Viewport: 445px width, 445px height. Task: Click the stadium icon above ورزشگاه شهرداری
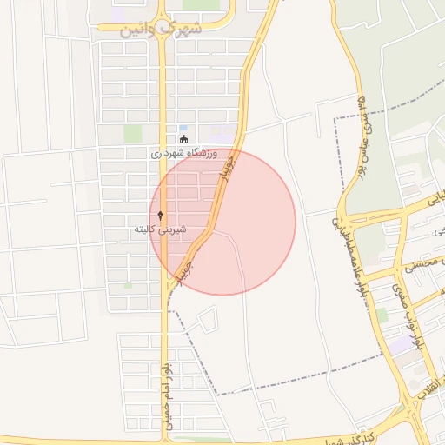(x=183, y=139)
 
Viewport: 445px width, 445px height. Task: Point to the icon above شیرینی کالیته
(x=161, y=214)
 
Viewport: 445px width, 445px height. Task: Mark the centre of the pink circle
(x=222, y=222)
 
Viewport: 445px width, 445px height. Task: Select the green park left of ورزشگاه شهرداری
(x=132, y=134)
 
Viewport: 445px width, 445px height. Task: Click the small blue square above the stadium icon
(x=183, y=128)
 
